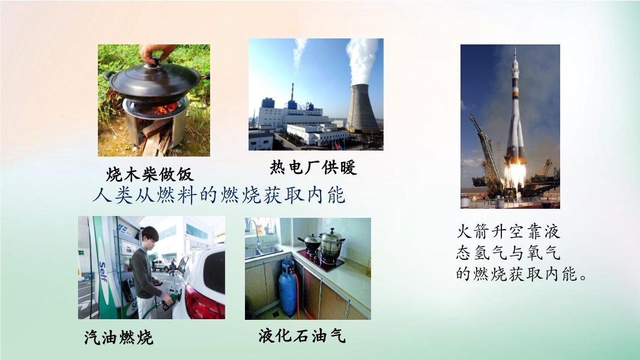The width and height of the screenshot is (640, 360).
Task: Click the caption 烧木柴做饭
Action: [150, 175]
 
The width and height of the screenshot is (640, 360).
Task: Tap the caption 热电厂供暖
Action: [313, 167]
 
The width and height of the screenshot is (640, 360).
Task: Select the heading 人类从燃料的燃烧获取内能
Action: [219, 195]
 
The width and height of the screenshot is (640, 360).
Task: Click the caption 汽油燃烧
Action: [119, 338]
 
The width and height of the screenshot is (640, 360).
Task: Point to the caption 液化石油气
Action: [302, 336]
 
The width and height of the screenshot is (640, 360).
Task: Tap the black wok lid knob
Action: [155, 62]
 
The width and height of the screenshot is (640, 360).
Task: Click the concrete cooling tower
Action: [363, 108]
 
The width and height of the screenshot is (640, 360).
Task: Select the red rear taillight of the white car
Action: [204, 302]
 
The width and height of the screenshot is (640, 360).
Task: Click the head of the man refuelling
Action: [149, 236]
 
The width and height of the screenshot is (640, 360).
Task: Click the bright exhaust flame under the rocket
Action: [515, 174]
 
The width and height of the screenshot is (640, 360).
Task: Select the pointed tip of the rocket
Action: [515, 49]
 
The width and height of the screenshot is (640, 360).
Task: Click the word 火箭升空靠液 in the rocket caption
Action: [508, 232]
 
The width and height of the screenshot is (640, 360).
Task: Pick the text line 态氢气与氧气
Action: [508, 253]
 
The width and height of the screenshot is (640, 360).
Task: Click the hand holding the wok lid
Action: [157, 52]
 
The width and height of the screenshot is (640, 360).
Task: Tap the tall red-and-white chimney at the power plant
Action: [292, 92]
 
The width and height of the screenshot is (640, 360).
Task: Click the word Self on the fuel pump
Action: [103, 272]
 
